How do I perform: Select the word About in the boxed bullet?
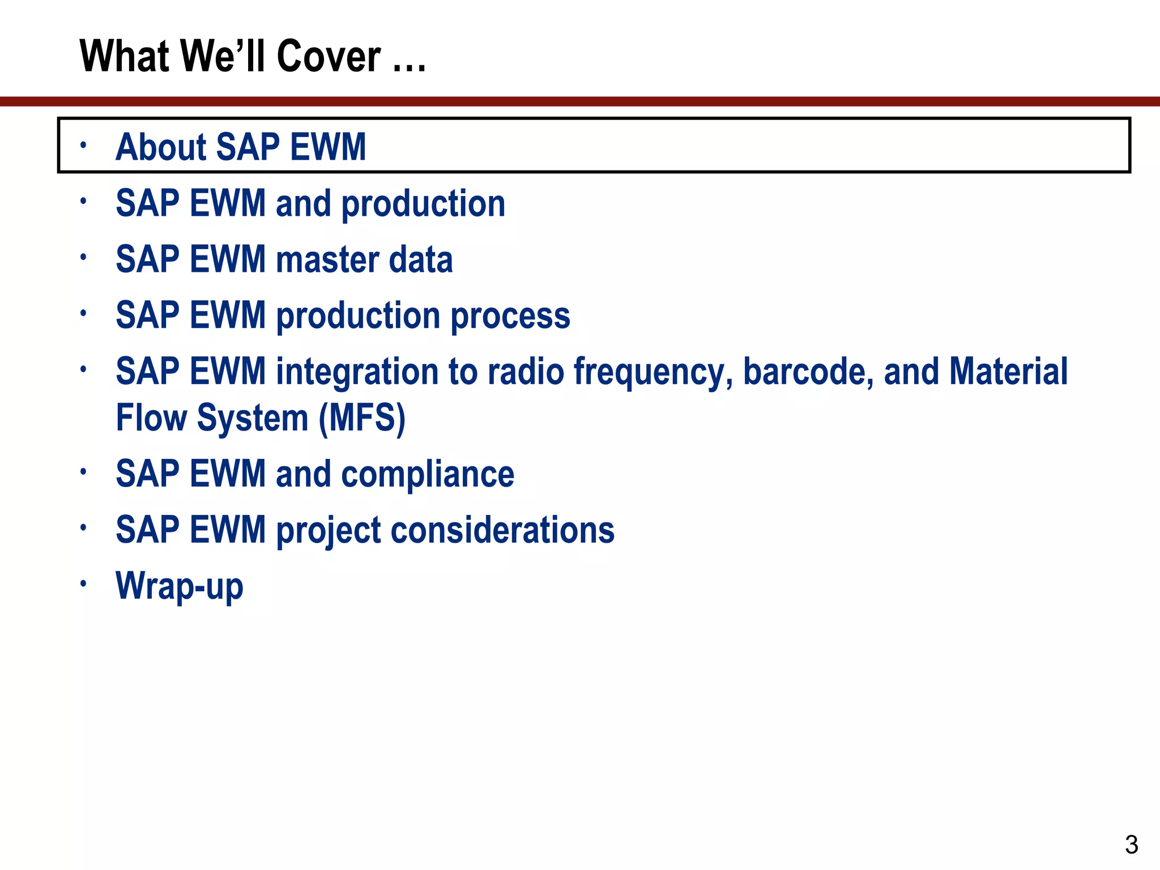click(160, 147)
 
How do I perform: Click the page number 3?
click(1131, 845)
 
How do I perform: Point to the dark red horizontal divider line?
click(580, 101)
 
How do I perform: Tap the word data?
click(421, 259)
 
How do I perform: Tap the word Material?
click(1008, 372)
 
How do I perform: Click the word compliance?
click(428, 475)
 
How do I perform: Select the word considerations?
click(502, 530)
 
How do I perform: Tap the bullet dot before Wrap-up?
click(83, 583)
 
